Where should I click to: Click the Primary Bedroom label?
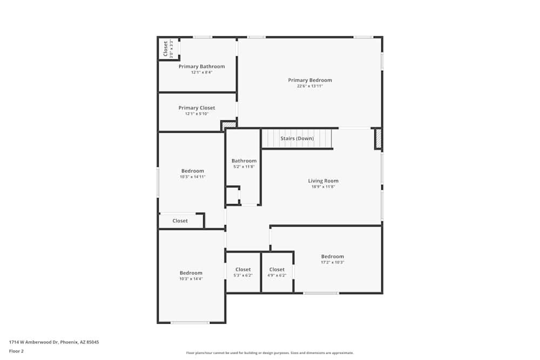(310, 80)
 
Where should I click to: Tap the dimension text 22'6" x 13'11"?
(310, 86)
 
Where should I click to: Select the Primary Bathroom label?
(201, 66)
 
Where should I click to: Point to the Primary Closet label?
(197, 108)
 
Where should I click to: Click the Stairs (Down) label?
(297, 139)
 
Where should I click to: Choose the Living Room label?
(323, 181)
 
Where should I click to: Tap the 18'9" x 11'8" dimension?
(323, 187)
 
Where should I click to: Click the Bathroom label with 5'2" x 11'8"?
(244, 161)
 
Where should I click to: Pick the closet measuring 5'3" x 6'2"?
(243, 272)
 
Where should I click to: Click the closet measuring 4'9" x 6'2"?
(277, 272)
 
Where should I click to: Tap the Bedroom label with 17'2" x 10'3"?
(333, 256)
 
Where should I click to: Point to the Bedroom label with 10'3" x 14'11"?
(193, 171)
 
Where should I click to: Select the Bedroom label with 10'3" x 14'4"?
(191, 273)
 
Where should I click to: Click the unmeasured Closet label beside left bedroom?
(180, 221)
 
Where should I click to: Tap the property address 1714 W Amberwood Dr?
(54, 342)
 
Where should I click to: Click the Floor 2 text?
(16, 351)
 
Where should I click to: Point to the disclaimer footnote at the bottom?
(270, 353)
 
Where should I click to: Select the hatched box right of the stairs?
(379, 139)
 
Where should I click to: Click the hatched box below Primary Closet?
(229, 125)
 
